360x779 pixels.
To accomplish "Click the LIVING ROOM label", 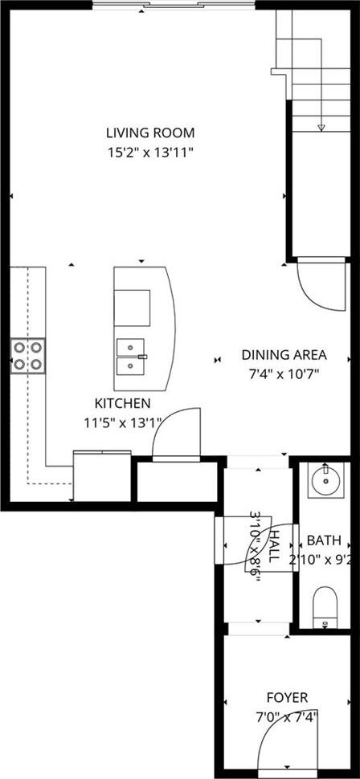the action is (150, 133).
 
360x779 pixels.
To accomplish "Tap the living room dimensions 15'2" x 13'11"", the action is (150, 153).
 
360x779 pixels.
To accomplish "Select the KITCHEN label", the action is (122, 402).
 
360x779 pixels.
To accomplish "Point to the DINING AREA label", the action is (284, 355).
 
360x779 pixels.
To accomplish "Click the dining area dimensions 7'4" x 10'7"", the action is (284, 374).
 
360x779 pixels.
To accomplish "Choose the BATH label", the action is (324, 540).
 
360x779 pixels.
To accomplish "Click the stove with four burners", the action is (28, 357).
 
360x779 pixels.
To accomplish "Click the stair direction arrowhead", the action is (321, 128).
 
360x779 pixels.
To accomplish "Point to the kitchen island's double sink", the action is (130, 357).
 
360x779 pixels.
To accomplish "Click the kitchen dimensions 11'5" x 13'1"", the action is (122, 422).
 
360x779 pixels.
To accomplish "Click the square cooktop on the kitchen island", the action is (133, 308).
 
